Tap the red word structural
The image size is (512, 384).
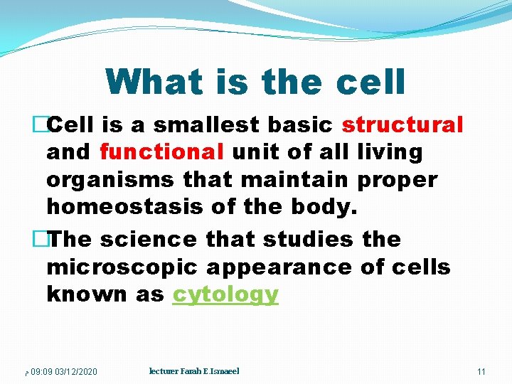pyautogui.click(x=402, y=125)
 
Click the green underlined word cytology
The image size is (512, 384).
pyautogui.click(x=225, y=294)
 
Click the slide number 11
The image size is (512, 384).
pyautogui.click(x=481, y=372)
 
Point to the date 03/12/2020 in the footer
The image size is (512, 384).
pyautogui.click(x=75, y=372)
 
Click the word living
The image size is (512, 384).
pyautogui.click(x=389, y=152)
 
